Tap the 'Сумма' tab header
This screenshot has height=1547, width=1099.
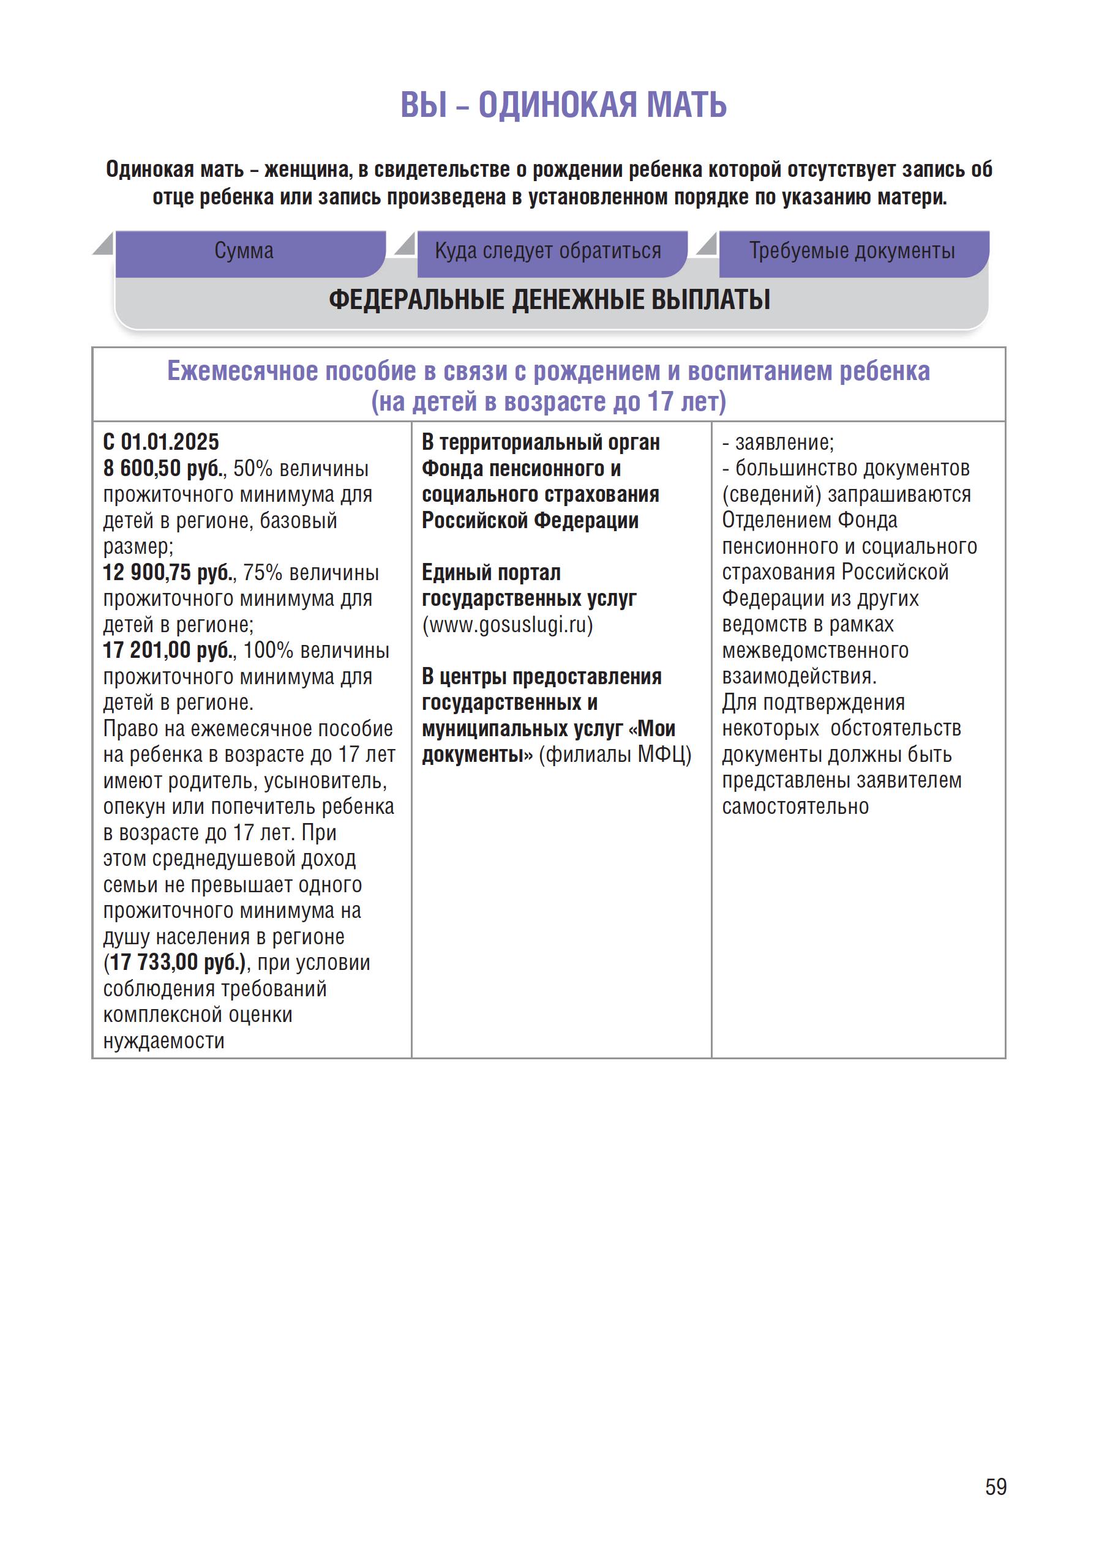pos(244,251)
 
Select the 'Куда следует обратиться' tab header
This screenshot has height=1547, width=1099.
pos(547,251)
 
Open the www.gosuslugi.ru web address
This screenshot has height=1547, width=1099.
pos(508,624)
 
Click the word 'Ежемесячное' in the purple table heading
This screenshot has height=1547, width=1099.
pos(242,371)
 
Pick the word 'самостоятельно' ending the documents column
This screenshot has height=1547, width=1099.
pos(795,807)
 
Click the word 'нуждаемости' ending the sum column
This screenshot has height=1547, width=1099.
pos(163,1040)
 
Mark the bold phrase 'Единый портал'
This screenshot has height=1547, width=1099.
pos(491,572)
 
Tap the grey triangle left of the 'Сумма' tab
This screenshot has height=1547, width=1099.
pos(103,244)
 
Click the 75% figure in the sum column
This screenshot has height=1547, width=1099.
pos(262,572)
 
